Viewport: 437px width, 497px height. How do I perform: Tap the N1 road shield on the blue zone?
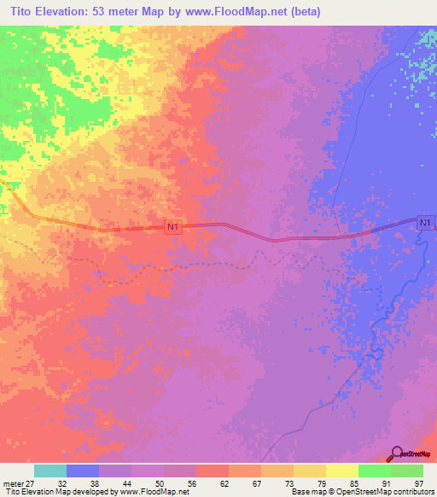pos(426,223)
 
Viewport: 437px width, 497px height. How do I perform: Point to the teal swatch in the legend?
pos(50,471)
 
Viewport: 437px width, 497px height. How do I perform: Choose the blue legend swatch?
pos(83,471)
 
